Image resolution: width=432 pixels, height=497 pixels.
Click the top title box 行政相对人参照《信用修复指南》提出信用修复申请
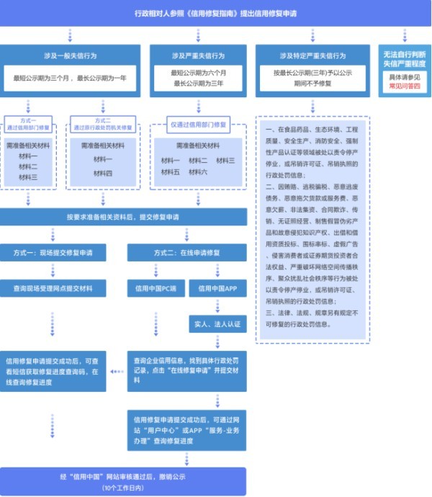(x=216, y=13)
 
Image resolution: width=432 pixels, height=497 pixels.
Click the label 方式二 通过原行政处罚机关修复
(x=103, y=124)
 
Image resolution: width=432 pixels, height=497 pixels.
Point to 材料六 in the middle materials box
(x=198, y=172)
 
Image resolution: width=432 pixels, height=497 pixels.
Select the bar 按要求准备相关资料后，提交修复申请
(x=122, y=216)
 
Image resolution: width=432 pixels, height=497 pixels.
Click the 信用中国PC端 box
(x=156, y=289)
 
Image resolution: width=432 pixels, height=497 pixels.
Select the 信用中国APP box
(x=217, y=289)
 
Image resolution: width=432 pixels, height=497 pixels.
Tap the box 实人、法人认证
(x=217, y=325)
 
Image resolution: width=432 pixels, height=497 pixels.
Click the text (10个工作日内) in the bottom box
(x=123, y=488)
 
